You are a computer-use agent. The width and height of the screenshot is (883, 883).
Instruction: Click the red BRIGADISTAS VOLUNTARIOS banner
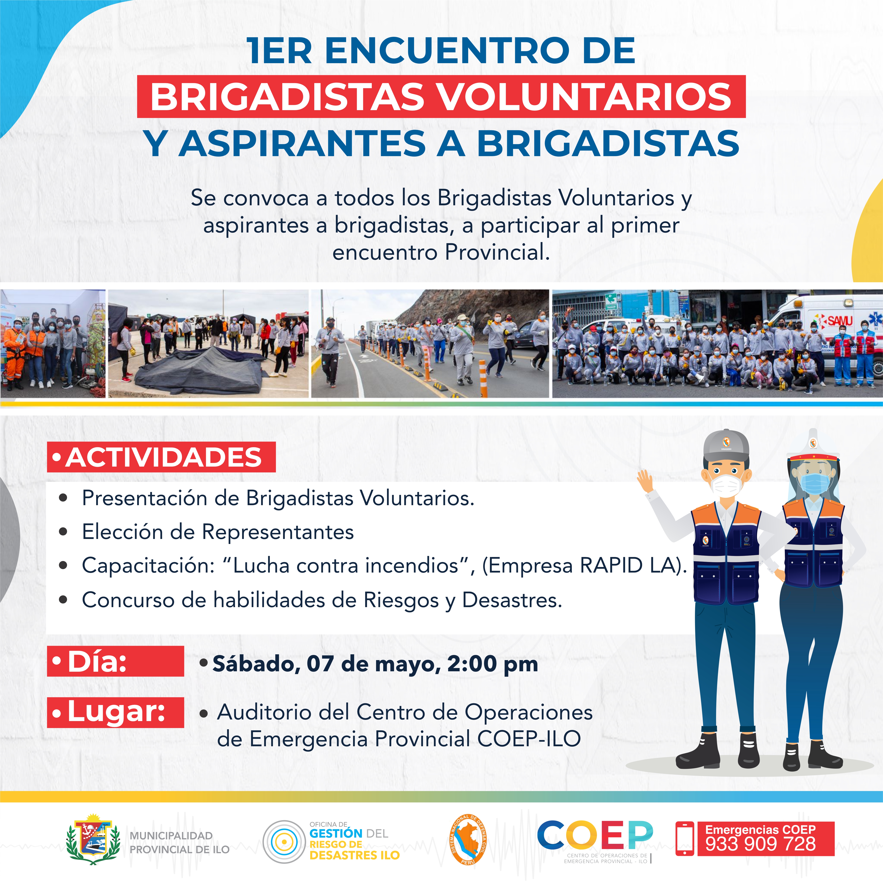pyautogui.click(x=441, y=96)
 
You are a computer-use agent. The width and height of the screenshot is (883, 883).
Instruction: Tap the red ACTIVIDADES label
pyautogui.click(x=161, y=457)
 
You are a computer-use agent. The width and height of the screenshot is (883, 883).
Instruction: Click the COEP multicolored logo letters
pyautogui.click(x=595, y=835)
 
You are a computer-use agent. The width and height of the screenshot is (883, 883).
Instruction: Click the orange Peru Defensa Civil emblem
pyautogui.click(x=468, y=839)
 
